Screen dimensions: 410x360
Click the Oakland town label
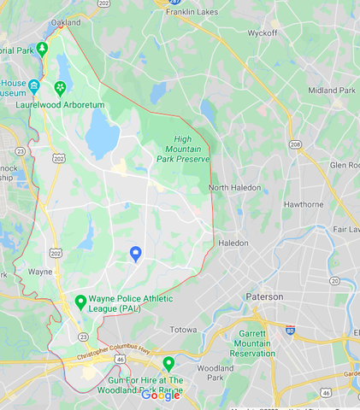pyautogui.click(x=66, y=22)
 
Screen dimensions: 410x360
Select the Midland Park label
pyautogui.click(x=331, y=90)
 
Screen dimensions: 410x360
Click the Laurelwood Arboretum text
pyautogui.click(x=60, y=104)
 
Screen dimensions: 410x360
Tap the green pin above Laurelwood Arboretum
pyautogui.click(x=60, y=87)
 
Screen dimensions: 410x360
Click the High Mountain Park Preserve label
pyautogui.click(x=183, y=149)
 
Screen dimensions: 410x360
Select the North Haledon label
pyautogui.click(x=234, y=187)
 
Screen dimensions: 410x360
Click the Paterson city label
pyautogui.click(x=264, y=296)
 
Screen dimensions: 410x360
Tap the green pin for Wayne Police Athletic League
pyautogui.click(x=80, y=302)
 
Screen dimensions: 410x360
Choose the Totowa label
pyautogui.click(x=180, y=329)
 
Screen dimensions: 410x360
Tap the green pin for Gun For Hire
pyautogui.click(x=168, y=363)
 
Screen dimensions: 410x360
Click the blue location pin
pyautogui.click(x=135, y=254)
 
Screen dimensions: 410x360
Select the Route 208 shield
pyautogui.click(x=295, y=145)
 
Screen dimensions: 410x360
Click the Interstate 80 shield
pyautogui.click(x=291, y=329)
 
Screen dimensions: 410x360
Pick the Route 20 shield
pyautogui.click(x=334, y=280)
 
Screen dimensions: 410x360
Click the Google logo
pyautogui.click(x=160, y=395)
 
